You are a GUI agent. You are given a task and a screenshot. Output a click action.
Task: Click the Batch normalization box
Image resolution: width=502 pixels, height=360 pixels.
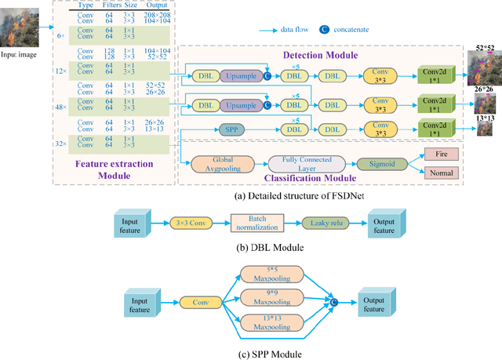point(254,223)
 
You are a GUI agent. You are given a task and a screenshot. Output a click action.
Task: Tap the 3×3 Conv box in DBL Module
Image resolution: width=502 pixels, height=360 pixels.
point(191,223)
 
